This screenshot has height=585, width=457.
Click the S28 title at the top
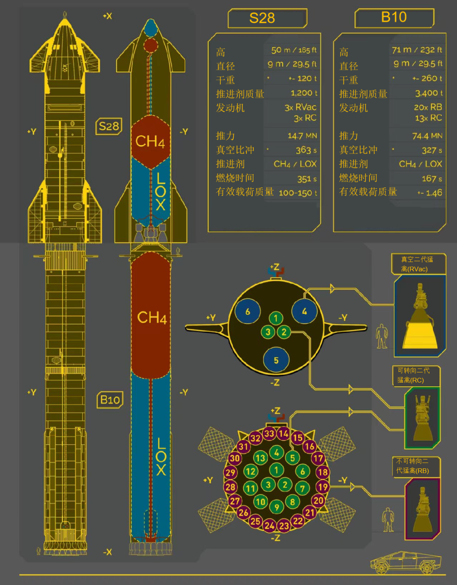coord(262,18)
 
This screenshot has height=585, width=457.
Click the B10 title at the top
coord(394,17)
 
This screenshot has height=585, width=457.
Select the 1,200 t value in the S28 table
coord(304,93)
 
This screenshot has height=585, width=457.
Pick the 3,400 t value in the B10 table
coord(428,93)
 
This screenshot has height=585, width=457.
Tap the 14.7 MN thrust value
coord(302,136)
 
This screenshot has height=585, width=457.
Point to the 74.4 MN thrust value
coord(427,136)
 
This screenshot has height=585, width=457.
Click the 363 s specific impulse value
coord(306,150)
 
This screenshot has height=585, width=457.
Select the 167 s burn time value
coord(432,179)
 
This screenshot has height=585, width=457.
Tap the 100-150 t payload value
coord(298,193)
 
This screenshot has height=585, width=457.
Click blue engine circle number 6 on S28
coord(248,312)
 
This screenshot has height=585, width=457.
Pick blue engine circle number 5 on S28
coord(276,360)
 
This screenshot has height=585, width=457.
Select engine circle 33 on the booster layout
coord(269,433)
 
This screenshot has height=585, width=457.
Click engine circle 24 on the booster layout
coord(270,526)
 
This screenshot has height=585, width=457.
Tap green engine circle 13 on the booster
coord(260,458)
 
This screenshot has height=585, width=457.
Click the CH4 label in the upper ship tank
coord(150,141)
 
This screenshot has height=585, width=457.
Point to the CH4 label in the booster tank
coord(151,317)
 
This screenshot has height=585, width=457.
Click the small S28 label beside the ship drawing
coord(109,126)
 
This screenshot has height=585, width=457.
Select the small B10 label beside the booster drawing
coord(110,399)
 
